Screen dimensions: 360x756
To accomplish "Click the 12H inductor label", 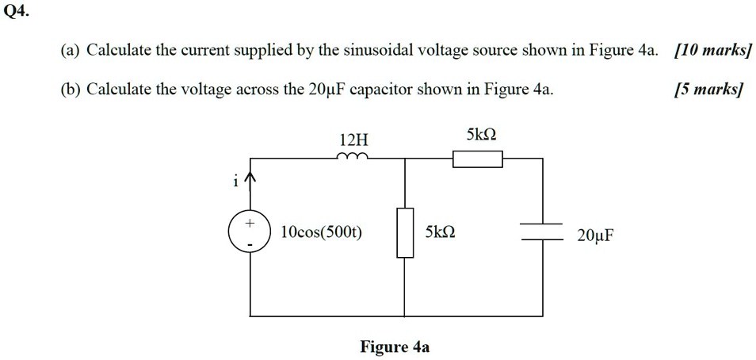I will [x=351, y=140].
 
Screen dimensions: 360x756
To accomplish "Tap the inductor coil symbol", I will [x=351, y=157].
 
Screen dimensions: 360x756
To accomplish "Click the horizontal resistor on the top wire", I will [x=477, y=160].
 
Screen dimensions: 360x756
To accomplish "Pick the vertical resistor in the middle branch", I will [x=405, y=233].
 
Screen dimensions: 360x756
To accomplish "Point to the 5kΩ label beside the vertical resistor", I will [x=440, y=233].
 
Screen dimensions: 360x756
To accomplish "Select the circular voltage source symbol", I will [x=250, y=233].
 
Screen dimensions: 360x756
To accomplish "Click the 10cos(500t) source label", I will [x=321, y=233].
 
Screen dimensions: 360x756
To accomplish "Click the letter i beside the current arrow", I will [x=235, y=182].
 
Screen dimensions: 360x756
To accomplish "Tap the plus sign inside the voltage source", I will [x=250, y=224].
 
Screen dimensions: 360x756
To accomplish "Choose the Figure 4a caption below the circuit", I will [x=395, y=347].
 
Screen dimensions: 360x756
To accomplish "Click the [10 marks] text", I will [x=711, y=52].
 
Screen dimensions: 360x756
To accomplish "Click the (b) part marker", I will [x=71, y=88].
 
